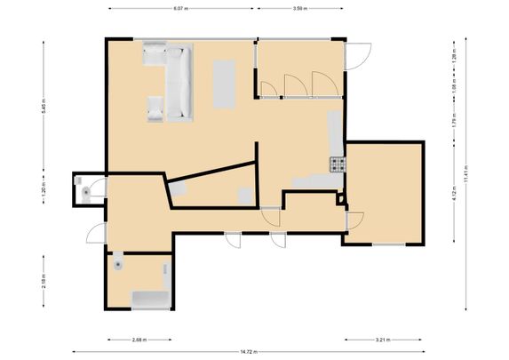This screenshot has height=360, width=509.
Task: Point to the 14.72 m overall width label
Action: coord(243,352)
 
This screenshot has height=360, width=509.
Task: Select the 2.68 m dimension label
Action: coord(139,340)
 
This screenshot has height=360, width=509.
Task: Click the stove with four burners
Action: coord(338,164)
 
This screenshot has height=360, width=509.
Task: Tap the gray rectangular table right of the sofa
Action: coord(225,83)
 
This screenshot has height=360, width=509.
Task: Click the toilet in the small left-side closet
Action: coord(85,190)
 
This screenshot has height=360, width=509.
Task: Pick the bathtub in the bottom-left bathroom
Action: coord(151,299)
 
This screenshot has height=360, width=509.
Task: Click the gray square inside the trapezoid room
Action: coord(245,196)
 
